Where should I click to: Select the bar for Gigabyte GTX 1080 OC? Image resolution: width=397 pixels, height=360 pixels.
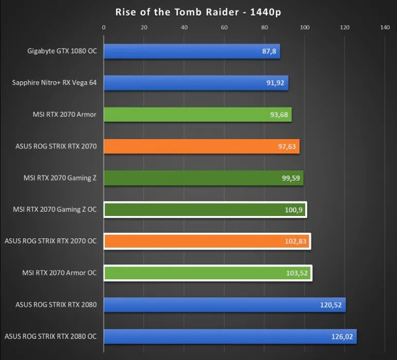point(191,51)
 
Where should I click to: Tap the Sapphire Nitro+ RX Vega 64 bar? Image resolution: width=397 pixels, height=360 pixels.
point(195,83)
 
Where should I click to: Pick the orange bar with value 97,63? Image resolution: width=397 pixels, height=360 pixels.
point(201,147)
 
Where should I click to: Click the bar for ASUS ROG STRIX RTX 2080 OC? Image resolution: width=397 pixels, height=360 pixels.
point(229,336)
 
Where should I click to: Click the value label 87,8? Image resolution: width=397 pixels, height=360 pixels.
point(269,51)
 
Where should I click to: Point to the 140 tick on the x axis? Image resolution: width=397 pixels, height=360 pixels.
point(385,28)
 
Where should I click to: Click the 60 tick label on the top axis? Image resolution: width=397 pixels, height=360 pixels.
point(224,28)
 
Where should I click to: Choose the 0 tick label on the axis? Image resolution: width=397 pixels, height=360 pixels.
point(104,28)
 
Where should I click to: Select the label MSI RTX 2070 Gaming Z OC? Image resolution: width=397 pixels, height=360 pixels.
point(55,210)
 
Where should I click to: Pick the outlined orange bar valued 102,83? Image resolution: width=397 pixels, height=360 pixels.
point(206,241)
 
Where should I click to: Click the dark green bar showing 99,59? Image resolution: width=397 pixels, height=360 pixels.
point(203,178)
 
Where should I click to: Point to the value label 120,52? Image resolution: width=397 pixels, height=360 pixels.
point(331,305)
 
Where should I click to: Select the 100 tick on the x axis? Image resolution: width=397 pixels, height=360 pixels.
point(304,28)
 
